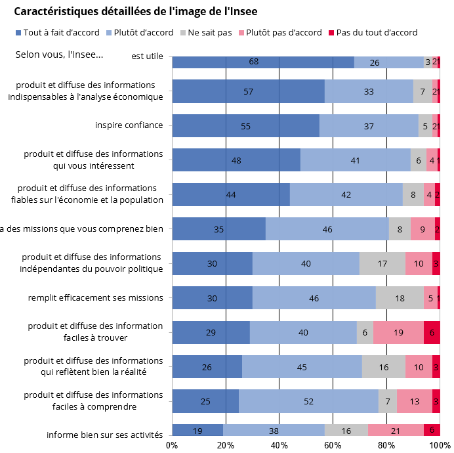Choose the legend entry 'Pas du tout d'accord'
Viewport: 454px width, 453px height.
point(372,32)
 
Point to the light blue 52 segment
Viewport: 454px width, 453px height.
point(308,400)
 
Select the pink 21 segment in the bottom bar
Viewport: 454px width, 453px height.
point(396,431)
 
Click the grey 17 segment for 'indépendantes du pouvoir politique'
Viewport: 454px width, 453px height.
point(382,263)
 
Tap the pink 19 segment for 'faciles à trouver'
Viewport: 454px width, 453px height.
point(398,332)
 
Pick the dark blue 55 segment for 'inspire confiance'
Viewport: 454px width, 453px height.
point(245,126)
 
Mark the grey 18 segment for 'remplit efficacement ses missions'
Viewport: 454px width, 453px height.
point(400,298)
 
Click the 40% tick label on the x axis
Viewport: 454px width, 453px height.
point(279,445)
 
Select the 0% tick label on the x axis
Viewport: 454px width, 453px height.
point(172,445)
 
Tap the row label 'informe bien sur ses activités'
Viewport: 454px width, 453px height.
point(104,435)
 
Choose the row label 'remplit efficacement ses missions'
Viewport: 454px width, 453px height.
point(95,297)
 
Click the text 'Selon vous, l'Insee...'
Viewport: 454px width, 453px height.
point(59,54)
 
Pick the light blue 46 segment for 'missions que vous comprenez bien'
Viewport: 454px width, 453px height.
point(327,229)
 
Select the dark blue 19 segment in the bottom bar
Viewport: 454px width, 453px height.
point(197,431)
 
